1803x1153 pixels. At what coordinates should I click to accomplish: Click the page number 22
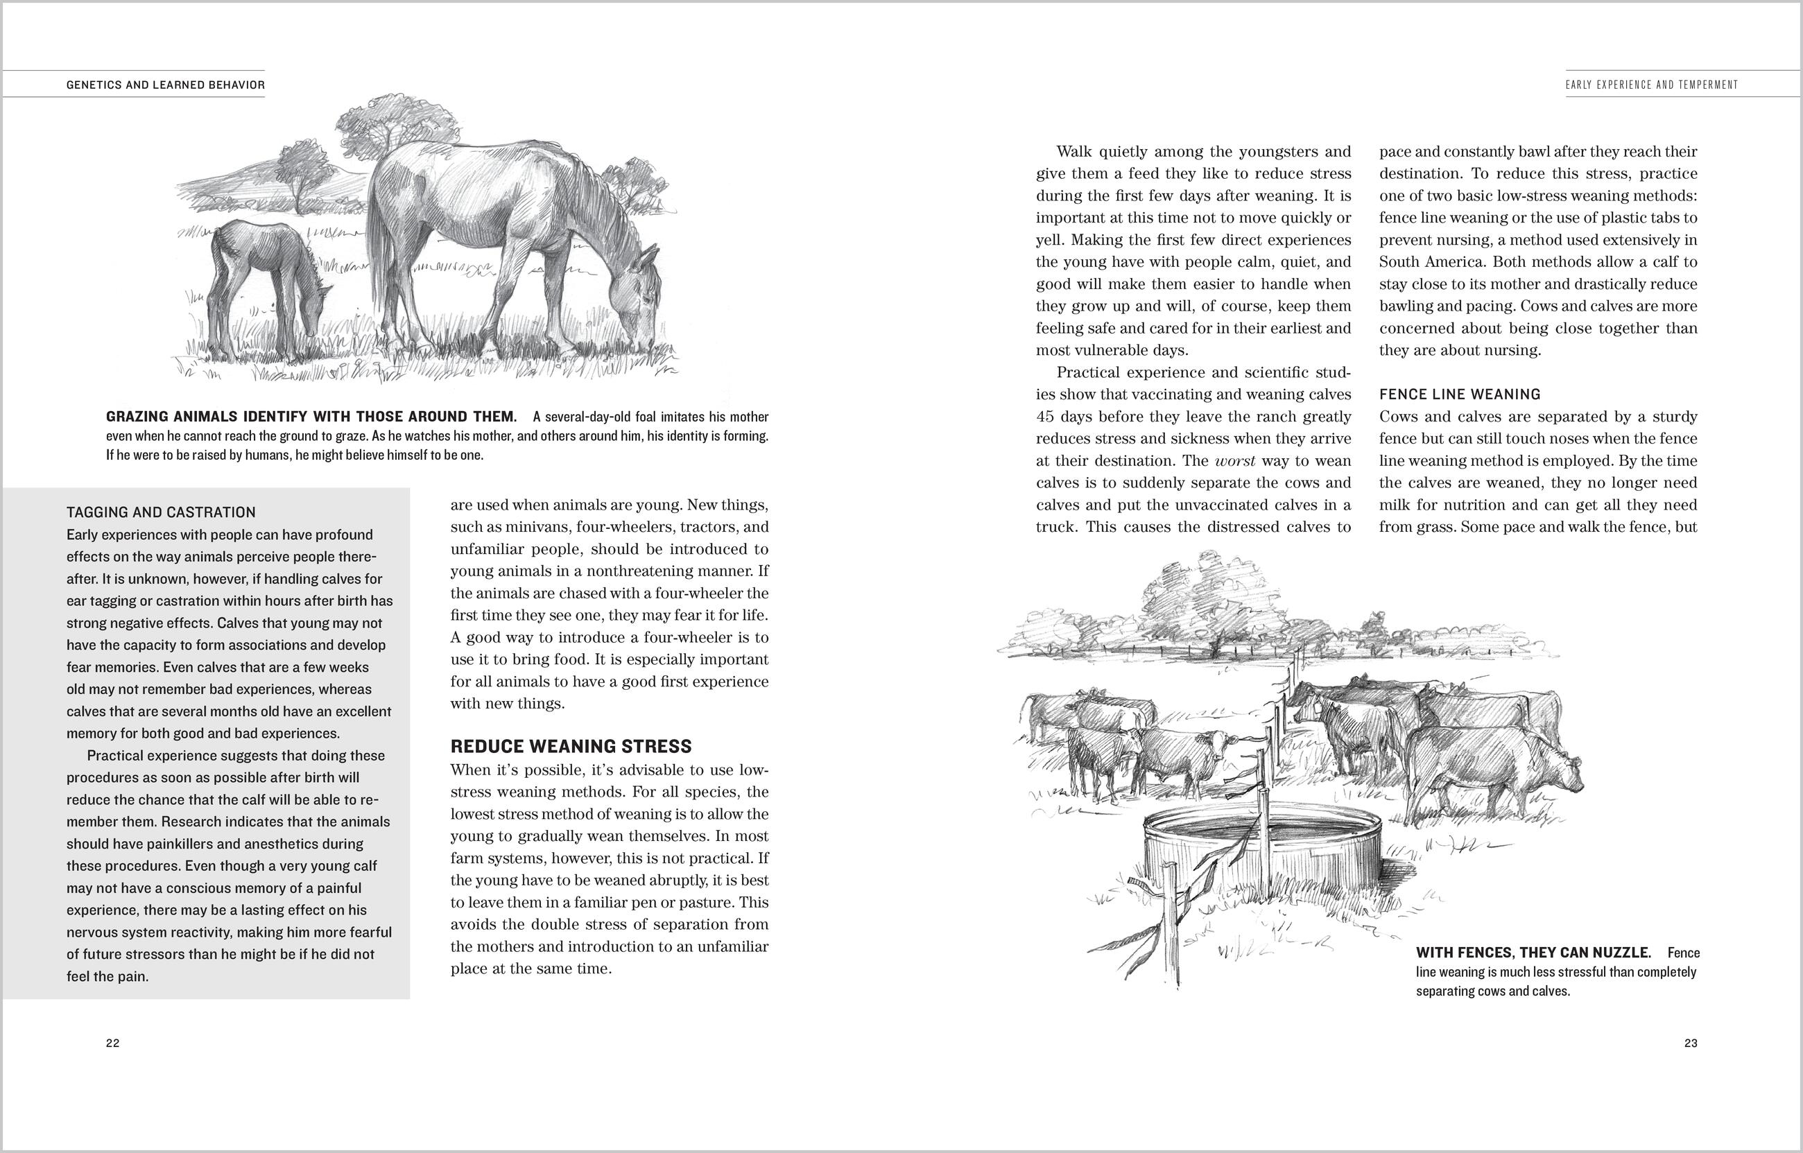[112, 1043]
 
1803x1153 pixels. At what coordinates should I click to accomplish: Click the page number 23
[1690, 1043]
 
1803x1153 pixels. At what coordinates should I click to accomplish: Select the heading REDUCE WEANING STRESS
[571, 746]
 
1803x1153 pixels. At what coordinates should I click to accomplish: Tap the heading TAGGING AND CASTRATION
[161, 512]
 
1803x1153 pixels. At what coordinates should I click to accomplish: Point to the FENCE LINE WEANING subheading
[1459, 394]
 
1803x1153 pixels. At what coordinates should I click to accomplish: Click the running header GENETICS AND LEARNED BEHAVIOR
[166, 85]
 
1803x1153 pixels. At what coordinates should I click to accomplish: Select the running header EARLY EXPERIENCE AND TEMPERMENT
[1651, 85]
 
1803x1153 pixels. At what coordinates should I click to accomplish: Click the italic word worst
[1234, 460]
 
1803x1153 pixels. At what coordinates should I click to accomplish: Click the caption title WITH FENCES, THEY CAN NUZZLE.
[1533, 953]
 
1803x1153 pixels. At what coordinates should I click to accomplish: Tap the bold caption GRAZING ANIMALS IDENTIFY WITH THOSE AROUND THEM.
[311, 416]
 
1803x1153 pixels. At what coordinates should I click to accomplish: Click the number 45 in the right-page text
[1046, 416]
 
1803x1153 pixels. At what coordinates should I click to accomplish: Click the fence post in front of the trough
[1168, 921]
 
